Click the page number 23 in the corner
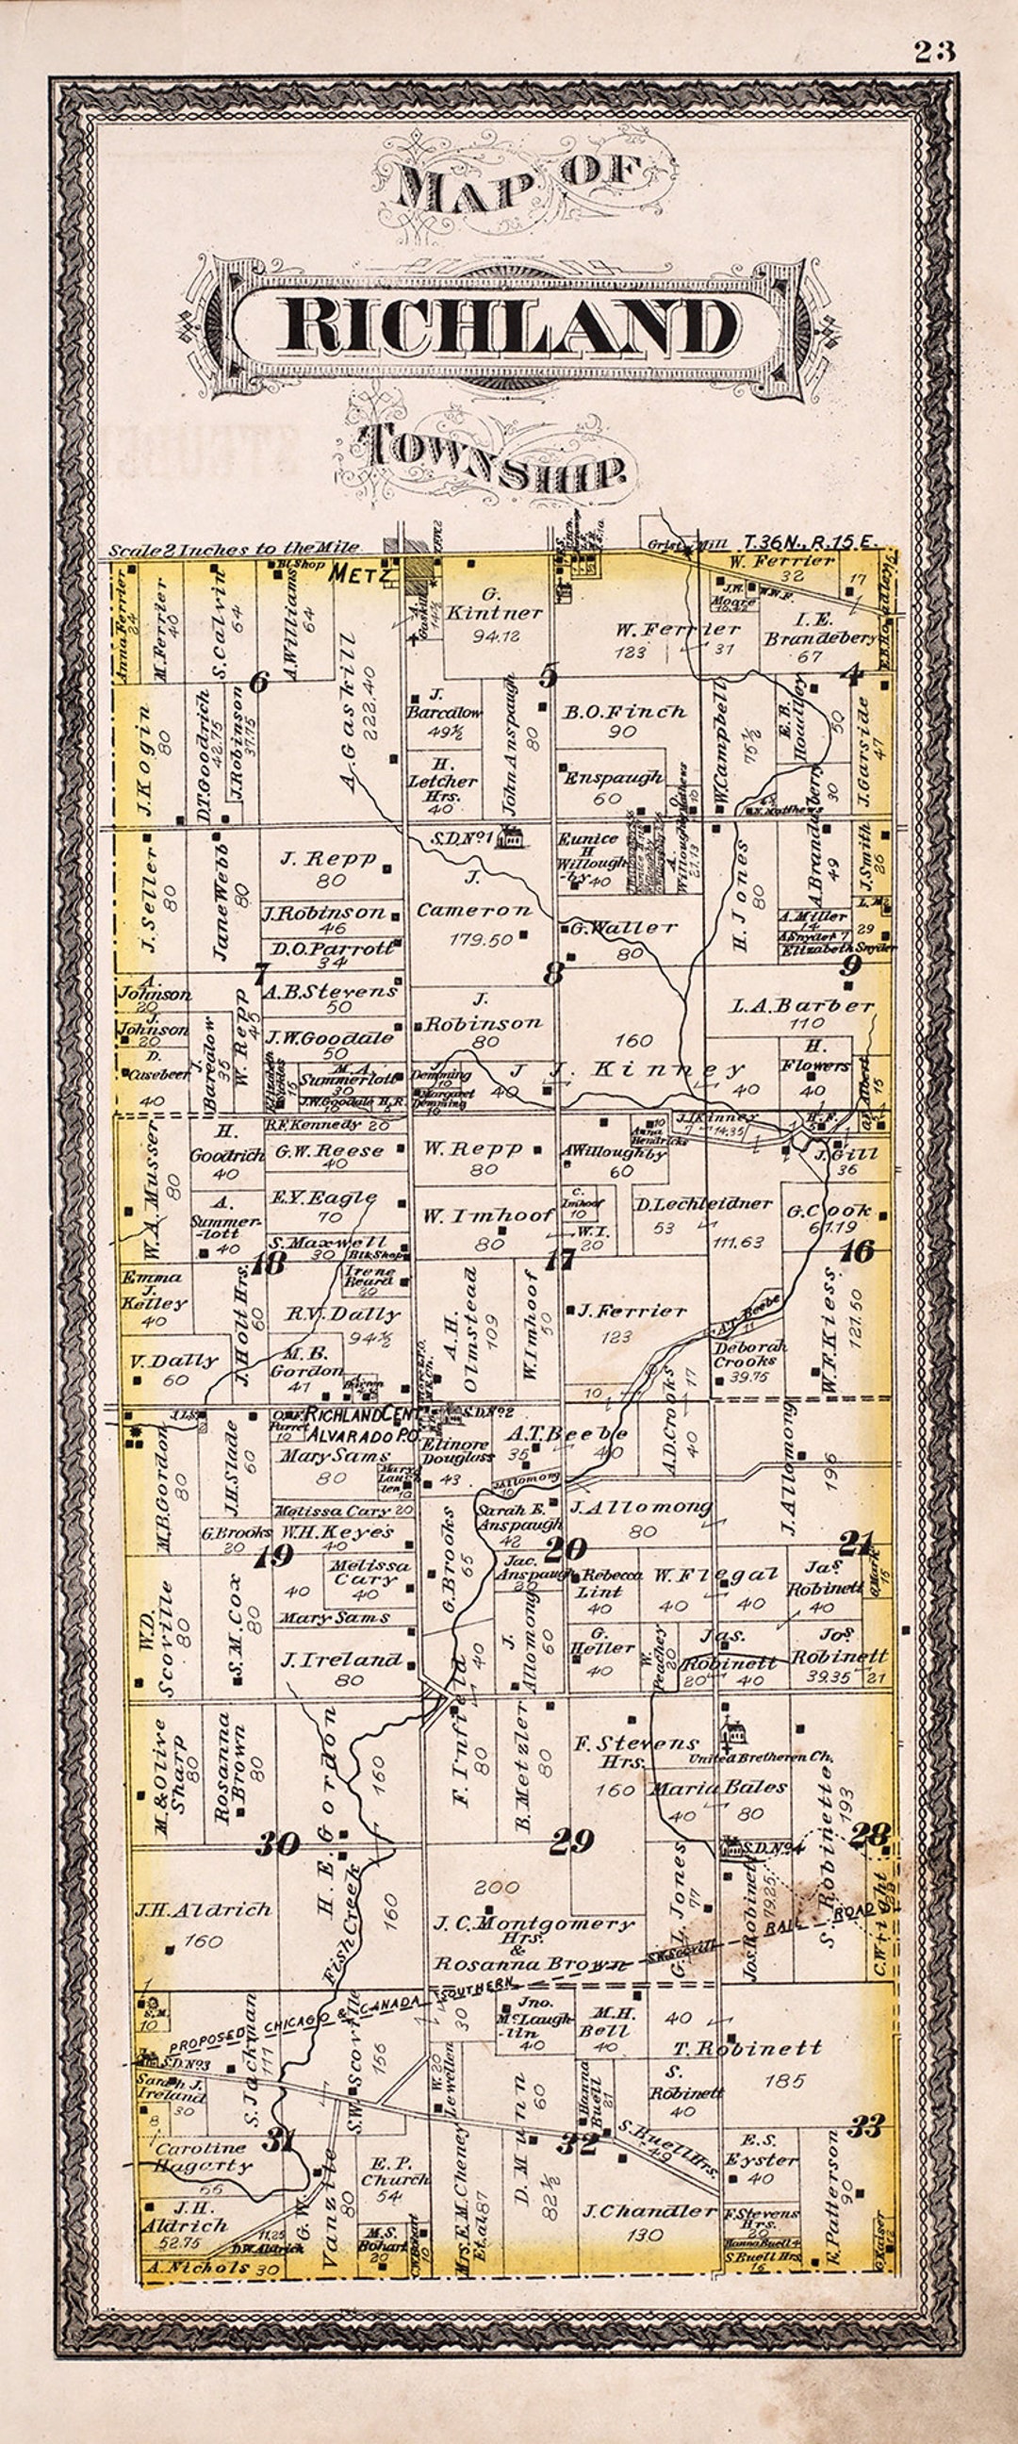934,51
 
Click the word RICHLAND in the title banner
507,325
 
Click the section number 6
258,680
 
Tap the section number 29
572,1841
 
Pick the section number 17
561,1260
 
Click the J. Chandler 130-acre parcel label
649,2211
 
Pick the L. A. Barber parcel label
802,1005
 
